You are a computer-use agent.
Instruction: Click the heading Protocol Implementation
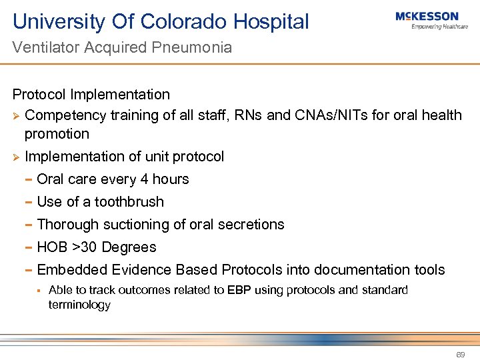91,95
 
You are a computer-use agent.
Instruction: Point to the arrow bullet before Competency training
17,115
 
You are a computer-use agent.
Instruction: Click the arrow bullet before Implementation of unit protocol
17,157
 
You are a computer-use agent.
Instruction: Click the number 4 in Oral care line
143,179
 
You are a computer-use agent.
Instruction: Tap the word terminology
79,305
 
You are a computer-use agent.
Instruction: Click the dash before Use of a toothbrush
29,202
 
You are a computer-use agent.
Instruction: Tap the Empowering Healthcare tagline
439,27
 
